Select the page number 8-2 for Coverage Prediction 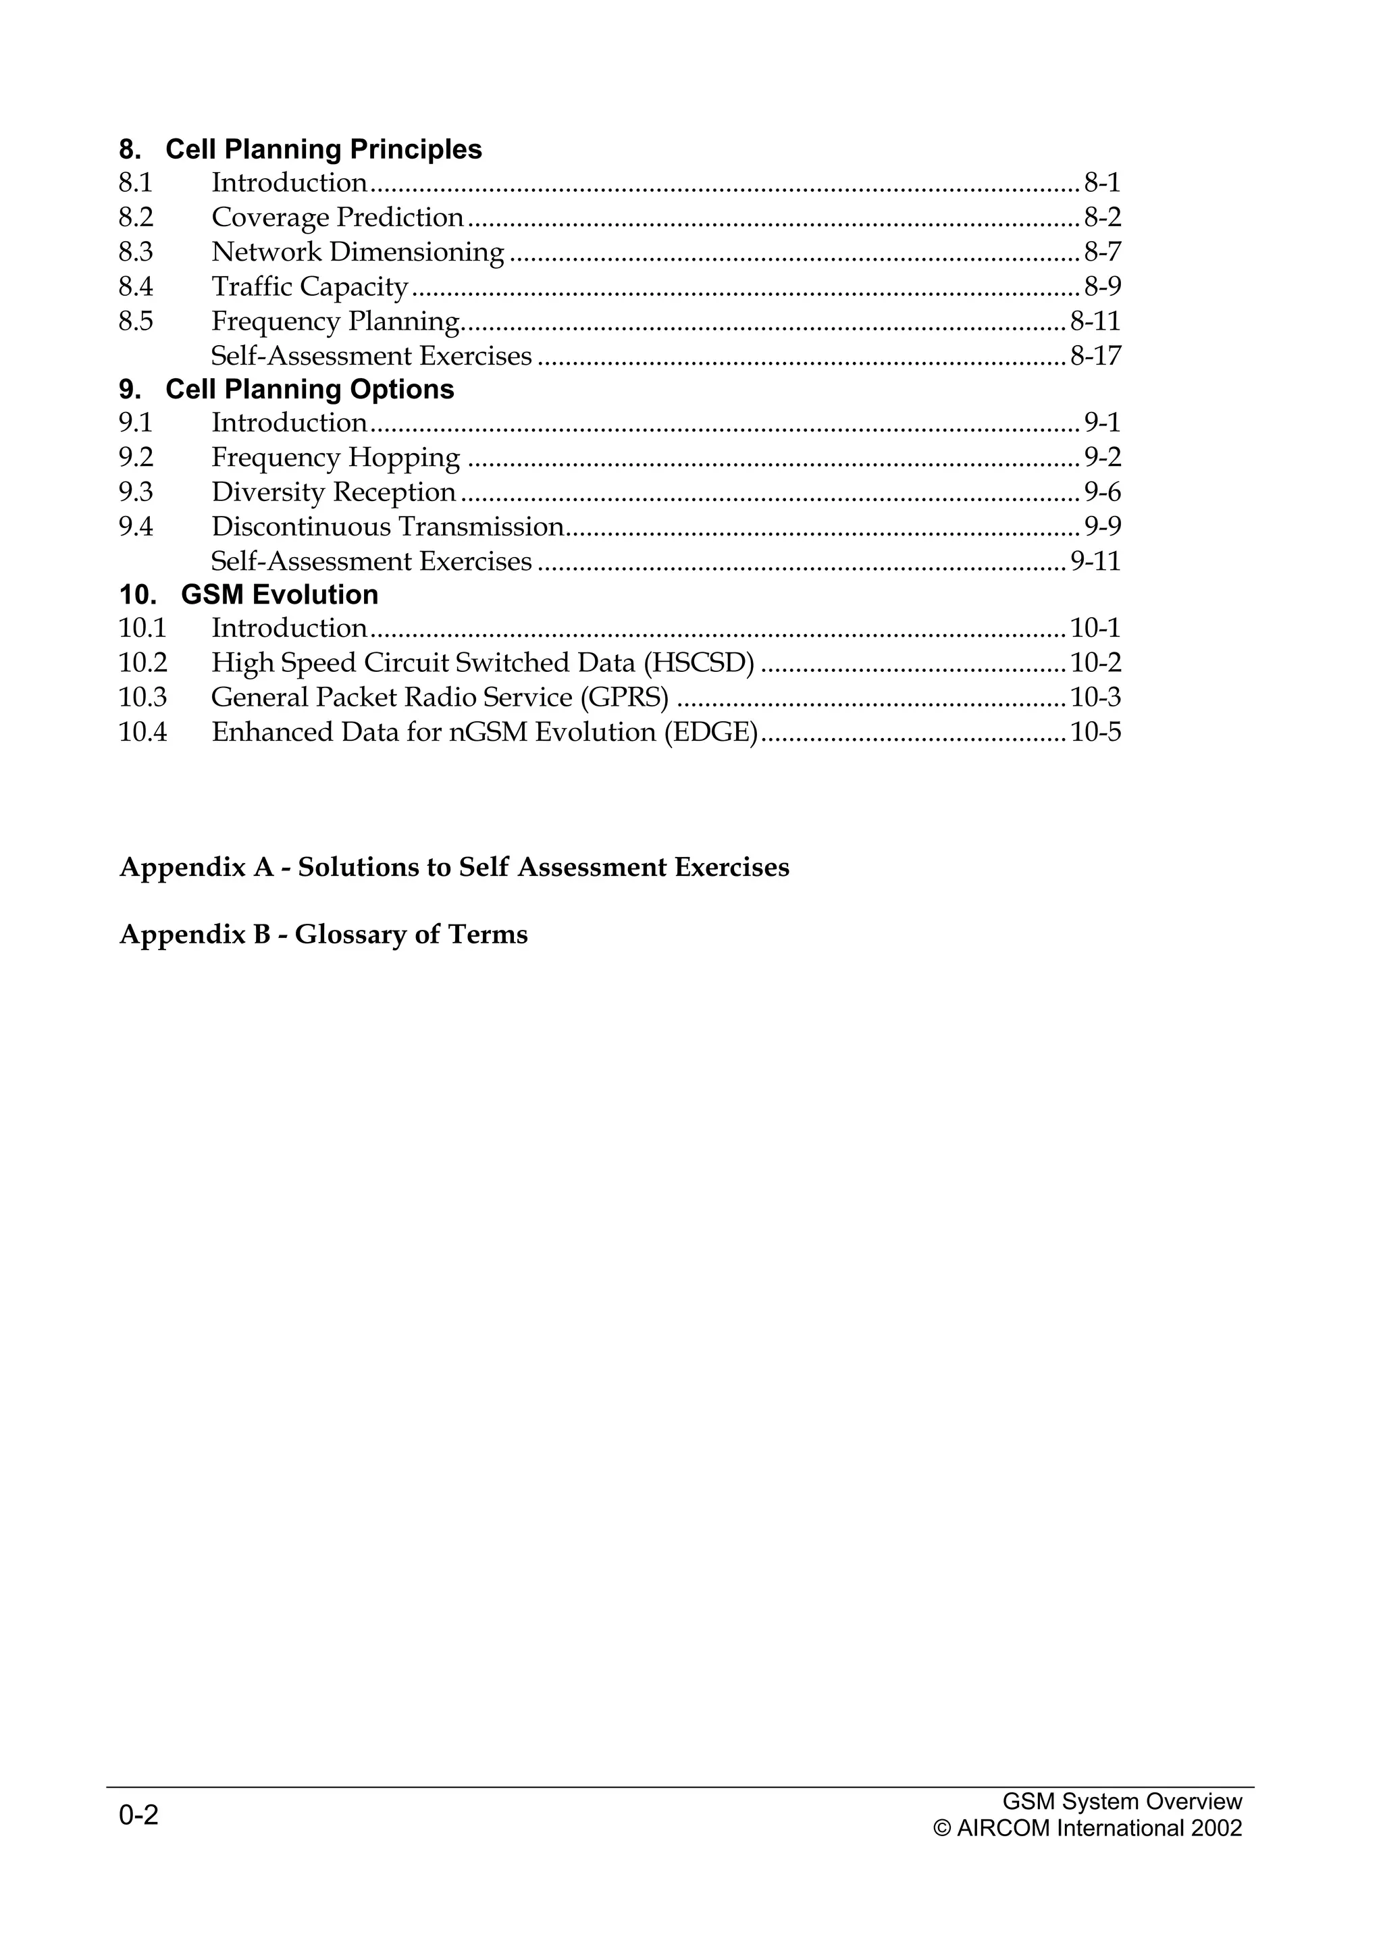(1103, 217)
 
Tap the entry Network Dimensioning (358, 253)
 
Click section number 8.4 (136, 286)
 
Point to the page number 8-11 (1095, 321)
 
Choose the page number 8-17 (1095, 355)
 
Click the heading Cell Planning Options (309, 389)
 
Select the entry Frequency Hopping (336, 458)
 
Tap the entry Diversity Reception (333, 493)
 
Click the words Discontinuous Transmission (388, 527)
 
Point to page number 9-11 (1095, 561)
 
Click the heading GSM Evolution (280, 594)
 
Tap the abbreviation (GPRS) (625, 697)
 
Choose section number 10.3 (143, 697)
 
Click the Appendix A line (454, 867)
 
